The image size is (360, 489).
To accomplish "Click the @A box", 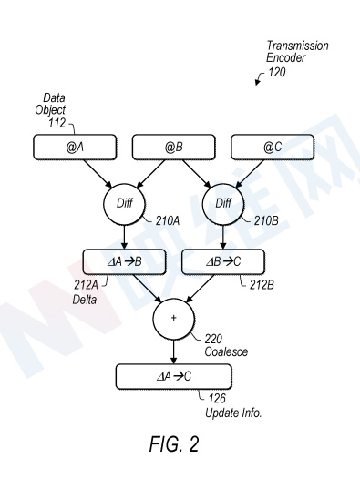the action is coord(75,148).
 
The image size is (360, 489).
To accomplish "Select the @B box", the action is coord(174,148).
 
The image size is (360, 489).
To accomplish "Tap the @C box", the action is coord(273,148).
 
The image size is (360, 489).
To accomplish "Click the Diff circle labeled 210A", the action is coord(124,204).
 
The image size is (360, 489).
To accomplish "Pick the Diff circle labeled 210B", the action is coord(223,204).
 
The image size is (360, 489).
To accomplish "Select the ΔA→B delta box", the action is coord(124,262).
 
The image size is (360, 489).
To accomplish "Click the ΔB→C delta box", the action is coord(223,262).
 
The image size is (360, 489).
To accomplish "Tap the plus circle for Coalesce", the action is coord(173,319).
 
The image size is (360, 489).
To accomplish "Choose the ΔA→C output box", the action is coord(174,377).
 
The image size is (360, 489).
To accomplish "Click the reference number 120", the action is coord(277,72).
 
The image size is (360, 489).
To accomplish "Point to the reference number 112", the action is coord(57,123).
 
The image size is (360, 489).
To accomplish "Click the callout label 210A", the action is coord(168,221).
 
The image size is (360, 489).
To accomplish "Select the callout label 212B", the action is coord(262,285).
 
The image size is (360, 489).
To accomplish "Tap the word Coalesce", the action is coord(226,351).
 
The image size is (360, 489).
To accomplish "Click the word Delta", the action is coord(85,300).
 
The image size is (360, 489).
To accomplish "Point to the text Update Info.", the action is coord(233,413).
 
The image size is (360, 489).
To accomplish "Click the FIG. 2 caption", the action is coord(174,444).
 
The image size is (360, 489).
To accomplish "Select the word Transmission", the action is coord(297,46).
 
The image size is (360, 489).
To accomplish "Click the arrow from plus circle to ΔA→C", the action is coord(173,351).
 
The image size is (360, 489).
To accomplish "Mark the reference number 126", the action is coord(217,398).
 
